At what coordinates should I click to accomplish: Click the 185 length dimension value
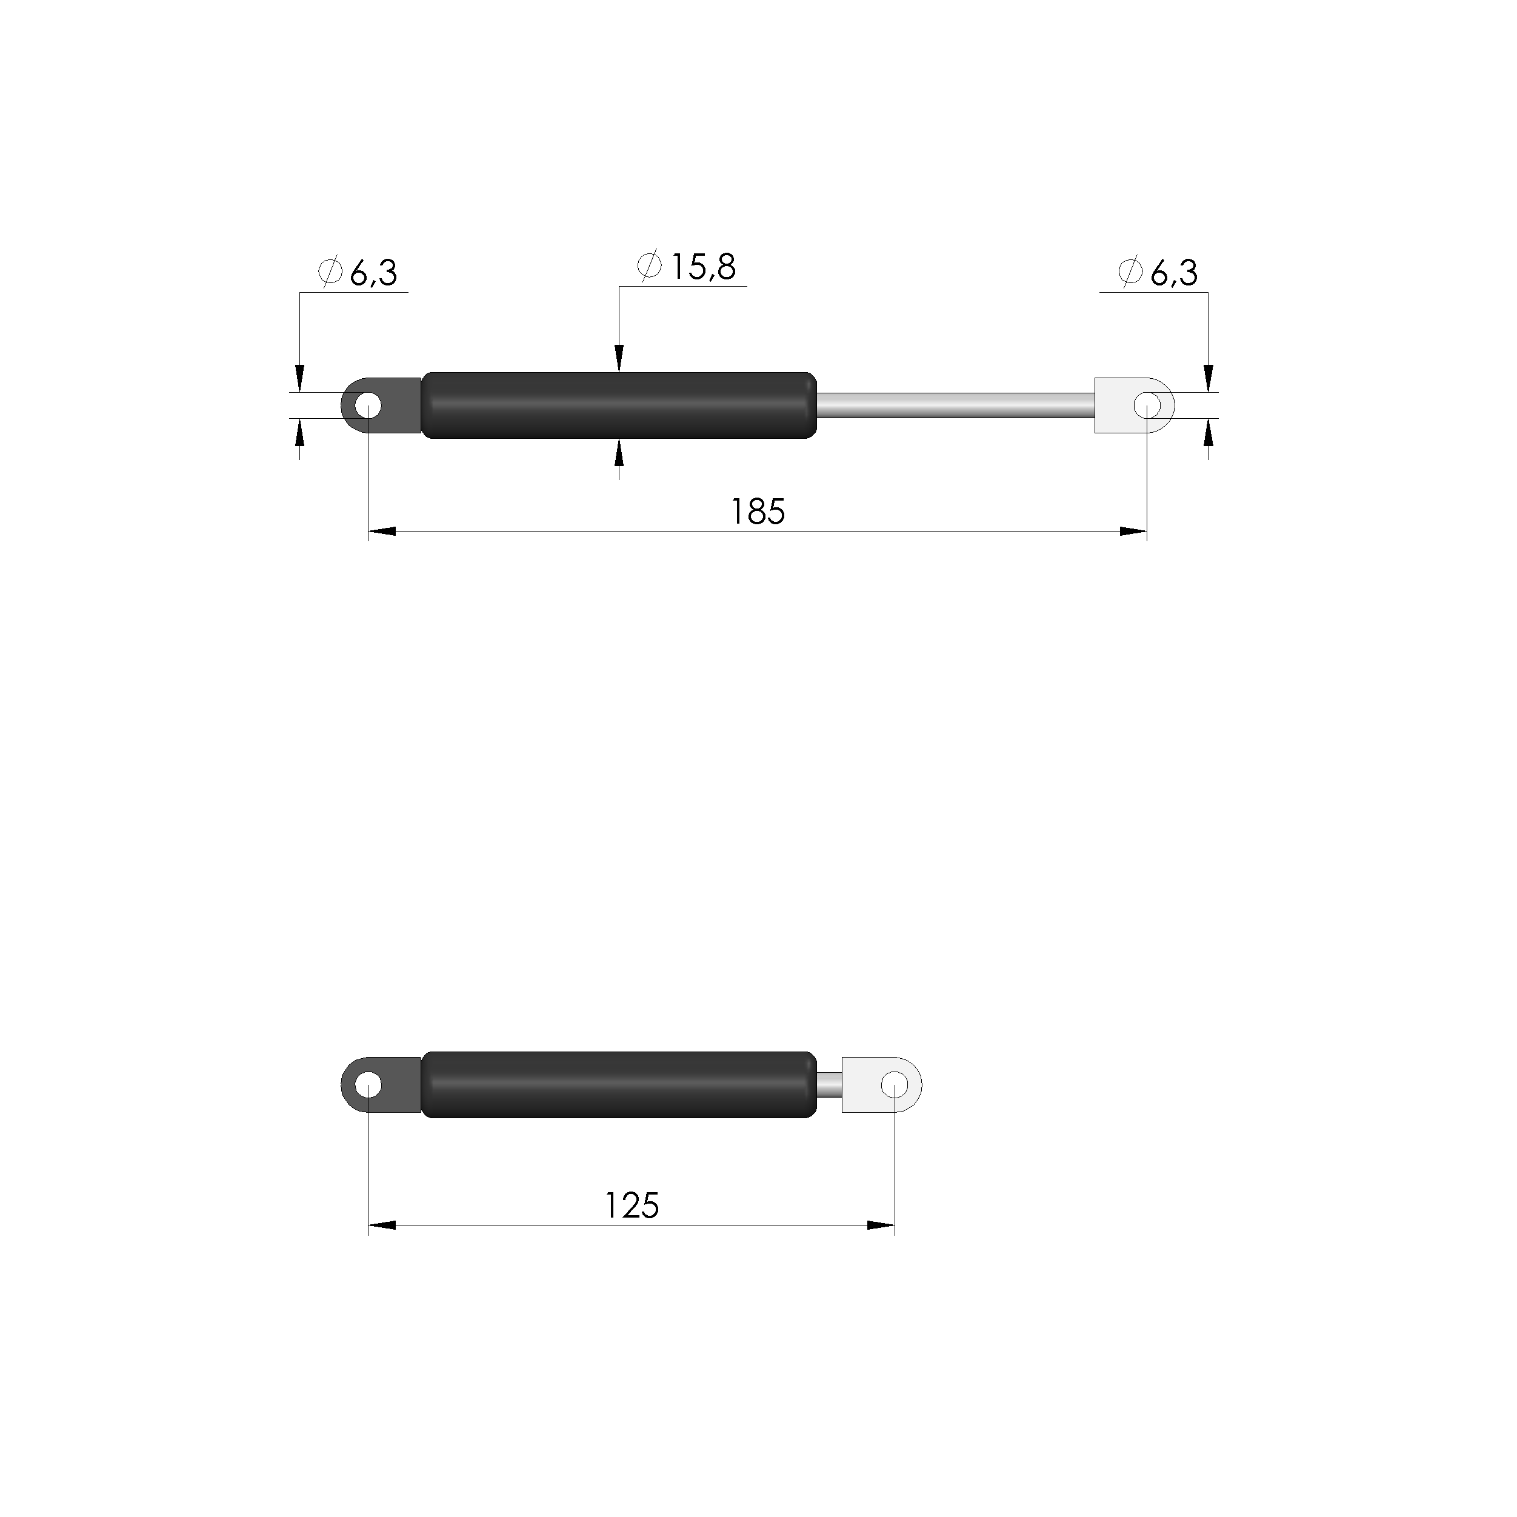pyautogui.click(x=758, y=513)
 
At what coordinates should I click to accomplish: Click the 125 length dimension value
pyautogui.click(x=632, y=1206)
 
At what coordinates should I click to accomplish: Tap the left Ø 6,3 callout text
pyautogui.click(x=358, y=273)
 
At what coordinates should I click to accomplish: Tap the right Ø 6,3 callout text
pyautogui.click(x=1158, y=273)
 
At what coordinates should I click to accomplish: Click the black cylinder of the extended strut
pyautogui.click(x=619, y=405)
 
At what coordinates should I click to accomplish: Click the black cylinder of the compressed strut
pyautogui.click(x=619, y=1085)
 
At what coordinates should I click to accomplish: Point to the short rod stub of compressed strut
pyautogui.click(x=829, y=1085)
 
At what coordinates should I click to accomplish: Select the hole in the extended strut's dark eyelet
pyautogui.click(x=367, y=406)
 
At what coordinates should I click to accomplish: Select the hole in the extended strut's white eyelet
pyautogui.click(x=1147, y=406)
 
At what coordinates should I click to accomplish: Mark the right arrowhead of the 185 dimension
pyautogui.click(x=1133, y=532)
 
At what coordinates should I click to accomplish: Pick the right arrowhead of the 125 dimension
pyautogui.click(x=881, y=1225)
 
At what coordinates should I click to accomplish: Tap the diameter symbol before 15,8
pyautogui.click(x=649, y=267)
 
